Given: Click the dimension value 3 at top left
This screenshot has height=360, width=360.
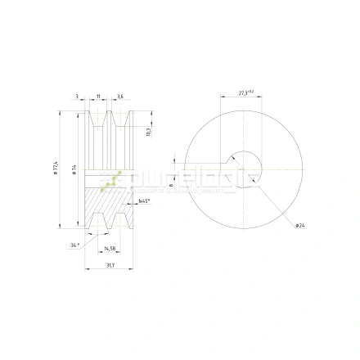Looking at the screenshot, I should coord(77,97).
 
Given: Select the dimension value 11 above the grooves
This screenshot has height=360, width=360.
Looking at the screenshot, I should coord(97,97).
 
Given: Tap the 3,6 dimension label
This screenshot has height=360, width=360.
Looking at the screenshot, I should coord(119,97).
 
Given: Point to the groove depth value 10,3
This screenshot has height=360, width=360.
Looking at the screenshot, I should coord(147,132).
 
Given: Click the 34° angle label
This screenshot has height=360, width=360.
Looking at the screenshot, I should coord(74,245).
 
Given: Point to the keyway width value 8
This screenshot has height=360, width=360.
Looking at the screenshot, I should coord(170,185).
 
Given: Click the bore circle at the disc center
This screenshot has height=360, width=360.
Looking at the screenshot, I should coord(246,169).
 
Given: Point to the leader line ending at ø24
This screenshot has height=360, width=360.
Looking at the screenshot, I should coord(278,205).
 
